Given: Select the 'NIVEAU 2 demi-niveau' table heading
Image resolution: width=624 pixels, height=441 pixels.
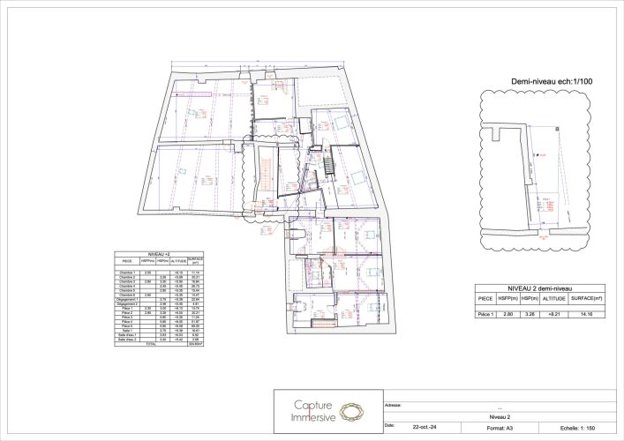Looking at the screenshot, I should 539,288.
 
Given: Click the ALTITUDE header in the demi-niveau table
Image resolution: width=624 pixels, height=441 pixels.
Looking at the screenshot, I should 554,299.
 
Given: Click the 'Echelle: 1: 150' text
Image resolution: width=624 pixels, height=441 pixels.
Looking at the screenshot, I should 577,426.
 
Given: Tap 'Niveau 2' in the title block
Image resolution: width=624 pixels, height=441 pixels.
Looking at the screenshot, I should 500,416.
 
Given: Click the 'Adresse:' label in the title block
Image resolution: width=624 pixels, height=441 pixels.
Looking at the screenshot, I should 394,405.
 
